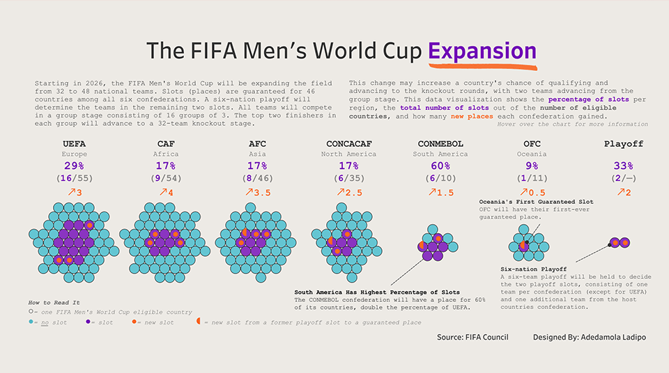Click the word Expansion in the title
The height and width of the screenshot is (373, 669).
click(x=482, y=51)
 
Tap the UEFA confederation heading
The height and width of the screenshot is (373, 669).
click(x=74, y=144)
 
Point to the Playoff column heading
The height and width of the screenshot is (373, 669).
click(x=623, y=144)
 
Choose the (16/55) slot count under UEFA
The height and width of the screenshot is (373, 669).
click(x=74, y=179)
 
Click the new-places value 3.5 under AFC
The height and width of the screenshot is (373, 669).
click(x=260, y=193)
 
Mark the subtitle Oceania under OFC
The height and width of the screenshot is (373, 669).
click(x=530, y=154)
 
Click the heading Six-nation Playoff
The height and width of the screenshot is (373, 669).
click(x=533, y=269)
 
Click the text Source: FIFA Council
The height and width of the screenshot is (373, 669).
click(x=472, y=338)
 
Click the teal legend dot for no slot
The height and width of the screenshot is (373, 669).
click(x=31, y=322)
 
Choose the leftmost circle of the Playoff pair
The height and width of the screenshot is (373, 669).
click(x=614, y=242)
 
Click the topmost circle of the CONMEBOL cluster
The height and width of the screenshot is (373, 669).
click(x=433, y=229)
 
